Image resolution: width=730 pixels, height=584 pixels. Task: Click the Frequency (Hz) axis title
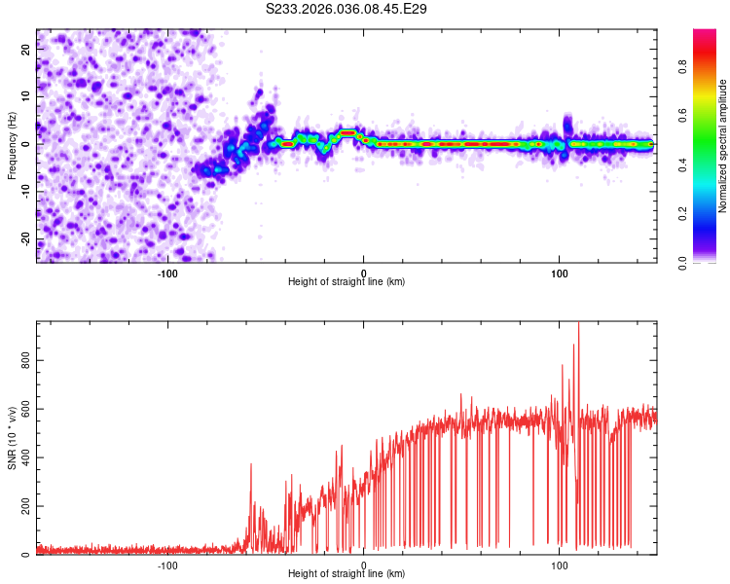point(12,146)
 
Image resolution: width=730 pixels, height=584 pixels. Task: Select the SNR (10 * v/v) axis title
point(12,438)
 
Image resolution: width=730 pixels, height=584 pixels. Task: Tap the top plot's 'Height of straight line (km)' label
point(347,281)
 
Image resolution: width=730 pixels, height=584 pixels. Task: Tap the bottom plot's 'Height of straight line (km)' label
point(347,573)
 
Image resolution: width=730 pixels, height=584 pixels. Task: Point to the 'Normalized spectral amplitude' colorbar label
point(723,146)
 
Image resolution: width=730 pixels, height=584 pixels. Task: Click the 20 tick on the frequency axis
point(26,51)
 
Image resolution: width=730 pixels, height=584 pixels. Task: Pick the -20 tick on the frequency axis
point(24,239)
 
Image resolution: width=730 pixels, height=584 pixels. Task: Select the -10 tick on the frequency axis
point(24,192)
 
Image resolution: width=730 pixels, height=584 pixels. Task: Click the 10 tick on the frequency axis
point(26,97)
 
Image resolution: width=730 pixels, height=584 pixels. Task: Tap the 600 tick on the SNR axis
point(20,410)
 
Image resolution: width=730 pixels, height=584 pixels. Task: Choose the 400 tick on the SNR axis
point(20,458)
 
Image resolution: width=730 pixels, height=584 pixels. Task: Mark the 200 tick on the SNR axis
point(20,507)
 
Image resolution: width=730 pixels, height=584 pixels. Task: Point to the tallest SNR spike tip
point(578,323)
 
